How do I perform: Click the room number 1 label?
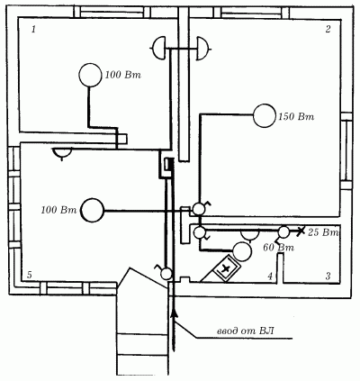click(33, 30)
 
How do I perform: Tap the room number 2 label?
click(328, 29)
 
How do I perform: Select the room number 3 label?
click(328, 276)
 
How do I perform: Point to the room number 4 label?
click(270, 277)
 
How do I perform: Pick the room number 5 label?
click(29, 275)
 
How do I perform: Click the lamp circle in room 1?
click(90, 75)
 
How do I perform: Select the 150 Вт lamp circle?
click(265, 115)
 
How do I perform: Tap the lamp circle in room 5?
click(93, 210)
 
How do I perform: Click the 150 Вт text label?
click(296, 116)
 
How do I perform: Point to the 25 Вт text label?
click(323, 232)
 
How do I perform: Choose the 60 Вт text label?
click(278, 248)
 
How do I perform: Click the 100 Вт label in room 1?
click(122, 75)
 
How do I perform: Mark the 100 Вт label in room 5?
click(59, 210)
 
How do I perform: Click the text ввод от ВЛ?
click(245, 331)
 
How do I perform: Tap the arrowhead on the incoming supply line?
click(174, 313)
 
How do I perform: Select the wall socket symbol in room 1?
click(158, 49)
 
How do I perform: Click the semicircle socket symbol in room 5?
click(62, 153)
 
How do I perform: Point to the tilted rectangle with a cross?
click(226, 268)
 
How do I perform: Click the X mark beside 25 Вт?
click(301, 231)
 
